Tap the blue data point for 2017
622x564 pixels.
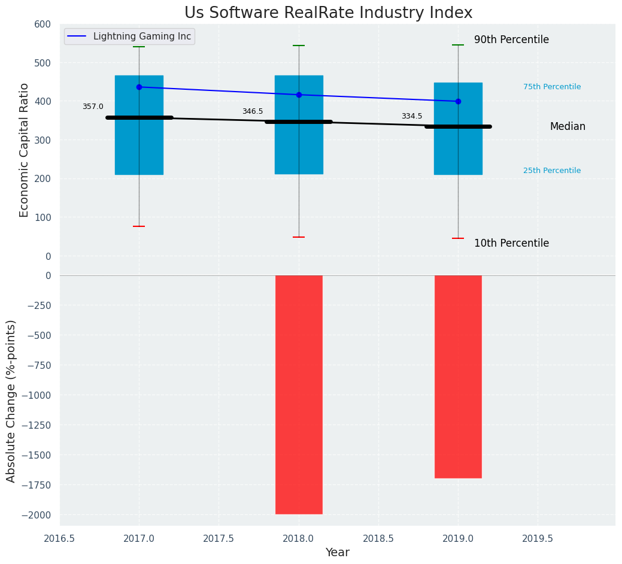click(x=139, y=87)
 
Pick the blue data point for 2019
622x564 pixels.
click(x=458, y=101)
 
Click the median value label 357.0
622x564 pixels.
click(x=93, y=107)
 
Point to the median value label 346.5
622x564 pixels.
click(x=253, y=111)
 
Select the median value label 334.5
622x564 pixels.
click(x=412, y=116)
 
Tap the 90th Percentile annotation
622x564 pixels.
click(x=511, y=40)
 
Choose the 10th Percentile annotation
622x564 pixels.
click(x=511, y=243)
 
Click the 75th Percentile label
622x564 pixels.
click(x=551, y=87)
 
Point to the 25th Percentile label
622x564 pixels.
click(x=551, y=171)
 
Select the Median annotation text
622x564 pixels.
click(x=568, y=126)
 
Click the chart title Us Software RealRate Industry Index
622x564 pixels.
click(x=328, y=13)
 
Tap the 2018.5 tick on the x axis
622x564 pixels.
click(x=378, y=538)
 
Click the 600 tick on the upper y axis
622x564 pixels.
click(x=43, y=24)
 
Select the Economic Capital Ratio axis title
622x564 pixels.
click(x=24, y=150)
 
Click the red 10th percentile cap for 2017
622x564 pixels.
click(x=139, y=226)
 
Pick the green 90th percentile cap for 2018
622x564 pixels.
click(x=299, y=46)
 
